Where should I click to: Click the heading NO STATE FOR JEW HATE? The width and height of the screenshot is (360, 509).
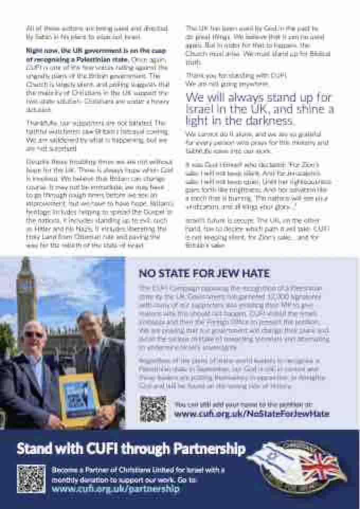click(204, 274)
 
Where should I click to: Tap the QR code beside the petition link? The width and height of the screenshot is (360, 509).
click(153, 408)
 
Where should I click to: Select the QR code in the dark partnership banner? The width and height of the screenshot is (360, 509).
click(31, 478)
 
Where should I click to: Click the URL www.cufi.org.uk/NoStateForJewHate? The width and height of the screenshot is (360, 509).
click(251, 414)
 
